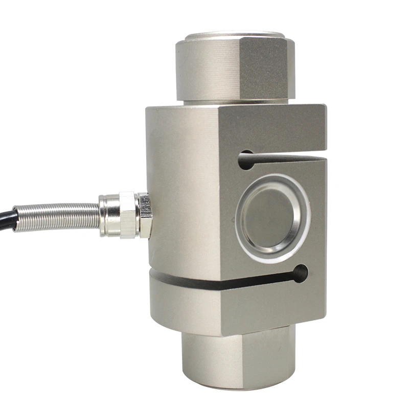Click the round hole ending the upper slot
(246, 160)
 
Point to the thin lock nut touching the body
(145, 215)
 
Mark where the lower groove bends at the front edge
(221, 287)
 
